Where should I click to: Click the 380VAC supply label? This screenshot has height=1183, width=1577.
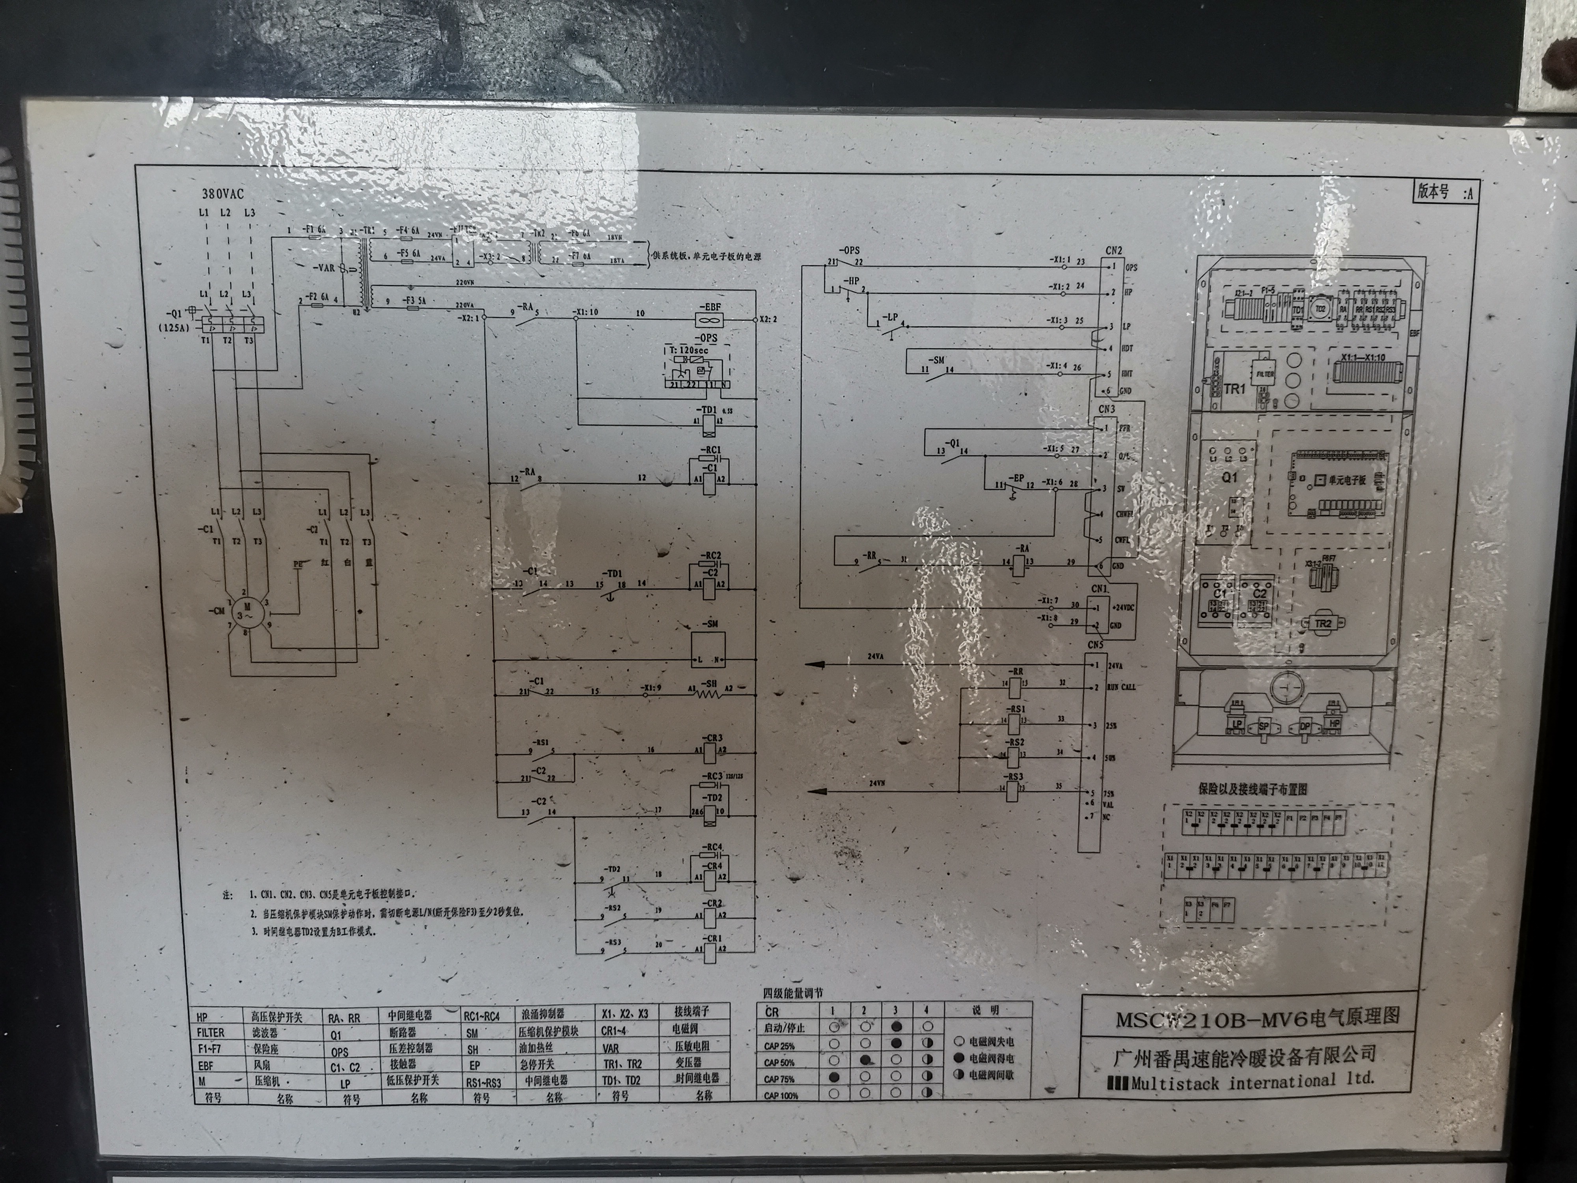222,193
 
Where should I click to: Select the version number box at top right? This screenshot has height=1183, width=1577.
1445,192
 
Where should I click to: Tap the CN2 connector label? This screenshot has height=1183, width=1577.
1114,251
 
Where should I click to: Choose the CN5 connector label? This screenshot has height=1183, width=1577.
1095,646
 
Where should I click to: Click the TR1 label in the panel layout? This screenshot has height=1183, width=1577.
1234,389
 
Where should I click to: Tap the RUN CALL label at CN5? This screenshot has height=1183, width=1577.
1121,687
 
